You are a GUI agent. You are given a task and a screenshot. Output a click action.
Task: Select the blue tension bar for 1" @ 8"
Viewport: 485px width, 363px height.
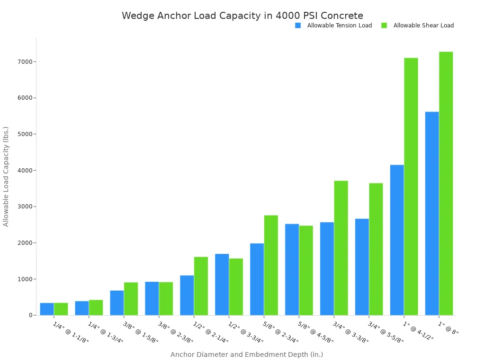(432, 214)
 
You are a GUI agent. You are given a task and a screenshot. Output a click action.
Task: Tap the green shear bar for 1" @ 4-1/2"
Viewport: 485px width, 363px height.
(411, 187)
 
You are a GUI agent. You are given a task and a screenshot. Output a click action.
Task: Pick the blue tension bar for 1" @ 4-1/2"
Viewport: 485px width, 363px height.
(397, 240)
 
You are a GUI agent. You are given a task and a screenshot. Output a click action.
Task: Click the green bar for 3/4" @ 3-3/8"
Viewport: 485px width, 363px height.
(341, 248)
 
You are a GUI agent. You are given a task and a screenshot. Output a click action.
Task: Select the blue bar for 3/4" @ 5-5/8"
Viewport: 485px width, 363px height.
(362, 267)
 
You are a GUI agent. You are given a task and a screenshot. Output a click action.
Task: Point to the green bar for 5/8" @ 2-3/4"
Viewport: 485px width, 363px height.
(271, 265)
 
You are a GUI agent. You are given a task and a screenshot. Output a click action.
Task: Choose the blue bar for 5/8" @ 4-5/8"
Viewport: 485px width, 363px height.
(292, 269)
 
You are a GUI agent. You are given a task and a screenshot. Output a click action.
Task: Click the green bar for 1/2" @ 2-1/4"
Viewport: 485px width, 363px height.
(201, 286)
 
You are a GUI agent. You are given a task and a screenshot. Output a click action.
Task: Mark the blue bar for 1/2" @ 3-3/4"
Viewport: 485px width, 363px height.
(222, 285)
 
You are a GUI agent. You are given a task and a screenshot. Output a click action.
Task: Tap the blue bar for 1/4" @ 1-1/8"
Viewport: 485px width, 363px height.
(47, 309)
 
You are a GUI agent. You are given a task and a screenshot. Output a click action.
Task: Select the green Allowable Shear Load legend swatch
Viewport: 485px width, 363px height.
(384, 26)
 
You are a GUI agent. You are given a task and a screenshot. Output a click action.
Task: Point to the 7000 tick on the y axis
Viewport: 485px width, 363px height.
(25, 62)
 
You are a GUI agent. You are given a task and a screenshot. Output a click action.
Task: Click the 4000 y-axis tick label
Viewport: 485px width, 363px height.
(25, 171)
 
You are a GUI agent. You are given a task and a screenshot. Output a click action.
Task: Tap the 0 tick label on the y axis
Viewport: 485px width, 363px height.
(30, 315)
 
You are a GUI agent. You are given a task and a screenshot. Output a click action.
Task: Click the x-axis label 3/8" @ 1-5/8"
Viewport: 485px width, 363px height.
(141, 333)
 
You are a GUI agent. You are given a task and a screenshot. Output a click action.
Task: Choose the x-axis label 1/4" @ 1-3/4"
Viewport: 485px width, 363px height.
(106, 333)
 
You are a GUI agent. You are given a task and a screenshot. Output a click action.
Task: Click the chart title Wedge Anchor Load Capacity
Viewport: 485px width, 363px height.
(242, 16)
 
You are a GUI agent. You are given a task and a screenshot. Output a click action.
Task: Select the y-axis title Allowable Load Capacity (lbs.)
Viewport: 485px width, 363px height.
(6, 176)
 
